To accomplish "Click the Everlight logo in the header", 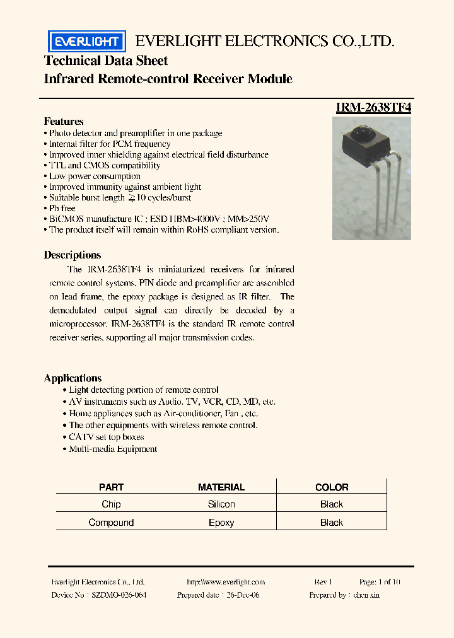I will pyautogui.click(x=87, y=42).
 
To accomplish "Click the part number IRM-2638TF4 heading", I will pyautogui.click(x=373, y=107).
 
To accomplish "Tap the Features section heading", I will pyautogui.click(x=64, y=121).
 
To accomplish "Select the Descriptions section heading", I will pyautogui.click(x=73, y=255).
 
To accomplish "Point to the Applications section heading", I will pyautogui.click(x=73, y=378).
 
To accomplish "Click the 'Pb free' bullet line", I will pyautogui.click(x=62, y=208).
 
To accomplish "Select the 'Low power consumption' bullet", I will pyautogui.click(x=95, y=176).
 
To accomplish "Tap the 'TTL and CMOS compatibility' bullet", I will pyautogui.click(x=105, y=165).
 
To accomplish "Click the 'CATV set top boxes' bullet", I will pyautogui.click(x=106, y=437).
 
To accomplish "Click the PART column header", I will pyautogui.click(x=112, y=487).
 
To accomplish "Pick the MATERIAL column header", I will pyautogui.click(x=221, y=487).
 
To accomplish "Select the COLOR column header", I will pyautogui.click(x=332, y=487).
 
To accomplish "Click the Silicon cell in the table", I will pyautogui.click(x=221, y=504).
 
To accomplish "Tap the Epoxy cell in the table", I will pyautogui.click(x=221, y=523).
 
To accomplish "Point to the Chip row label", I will pyautogui.click(x=112, y=504).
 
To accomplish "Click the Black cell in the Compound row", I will pyautogui.click(x=332, y=523).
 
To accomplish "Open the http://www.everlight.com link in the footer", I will pyautogui.click(x=226, y=583).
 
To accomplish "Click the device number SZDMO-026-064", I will pyautogui.click(x=119, y=595).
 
